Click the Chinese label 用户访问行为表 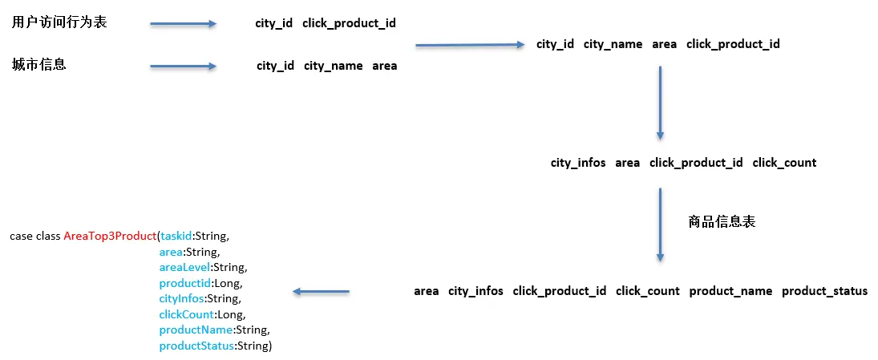pyautogui.click(x=59, y=22)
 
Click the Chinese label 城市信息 pyautogui.click(x=38, y=65)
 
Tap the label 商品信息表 pyautogui.click(x=722, y=222)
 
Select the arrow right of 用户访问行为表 pyautogui.click(x=183, y=24)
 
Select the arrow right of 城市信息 pyautogui.click(x=183, y=67)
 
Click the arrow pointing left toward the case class pyautogui.click(x=321, y=292)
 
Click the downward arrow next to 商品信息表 pyautogui.click(x=660, y=224)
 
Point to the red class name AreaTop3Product pyautogui.click(x=110, y=237)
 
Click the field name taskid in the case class pyautogui.click(x=176, y=237)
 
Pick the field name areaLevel pyautogui.click(x=185, y=267)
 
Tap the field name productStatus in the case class pyautogui.click(x=196, y=346)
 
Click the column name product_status pyautogui.click(x=824, y=291)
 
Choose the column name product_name pyautogui.click(x=730, y=291)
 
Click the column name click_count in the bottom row pyautogui.click(x=647, y=291)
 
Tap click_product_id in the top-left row pyautogui.click(x=349, y=23)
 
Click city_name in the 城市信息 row pyautogui.click(x=333, y=66)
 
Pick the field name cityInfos pyautogui.click(x=182, y=298)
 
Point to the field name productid pyautogui.click(x=185, y=283)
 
